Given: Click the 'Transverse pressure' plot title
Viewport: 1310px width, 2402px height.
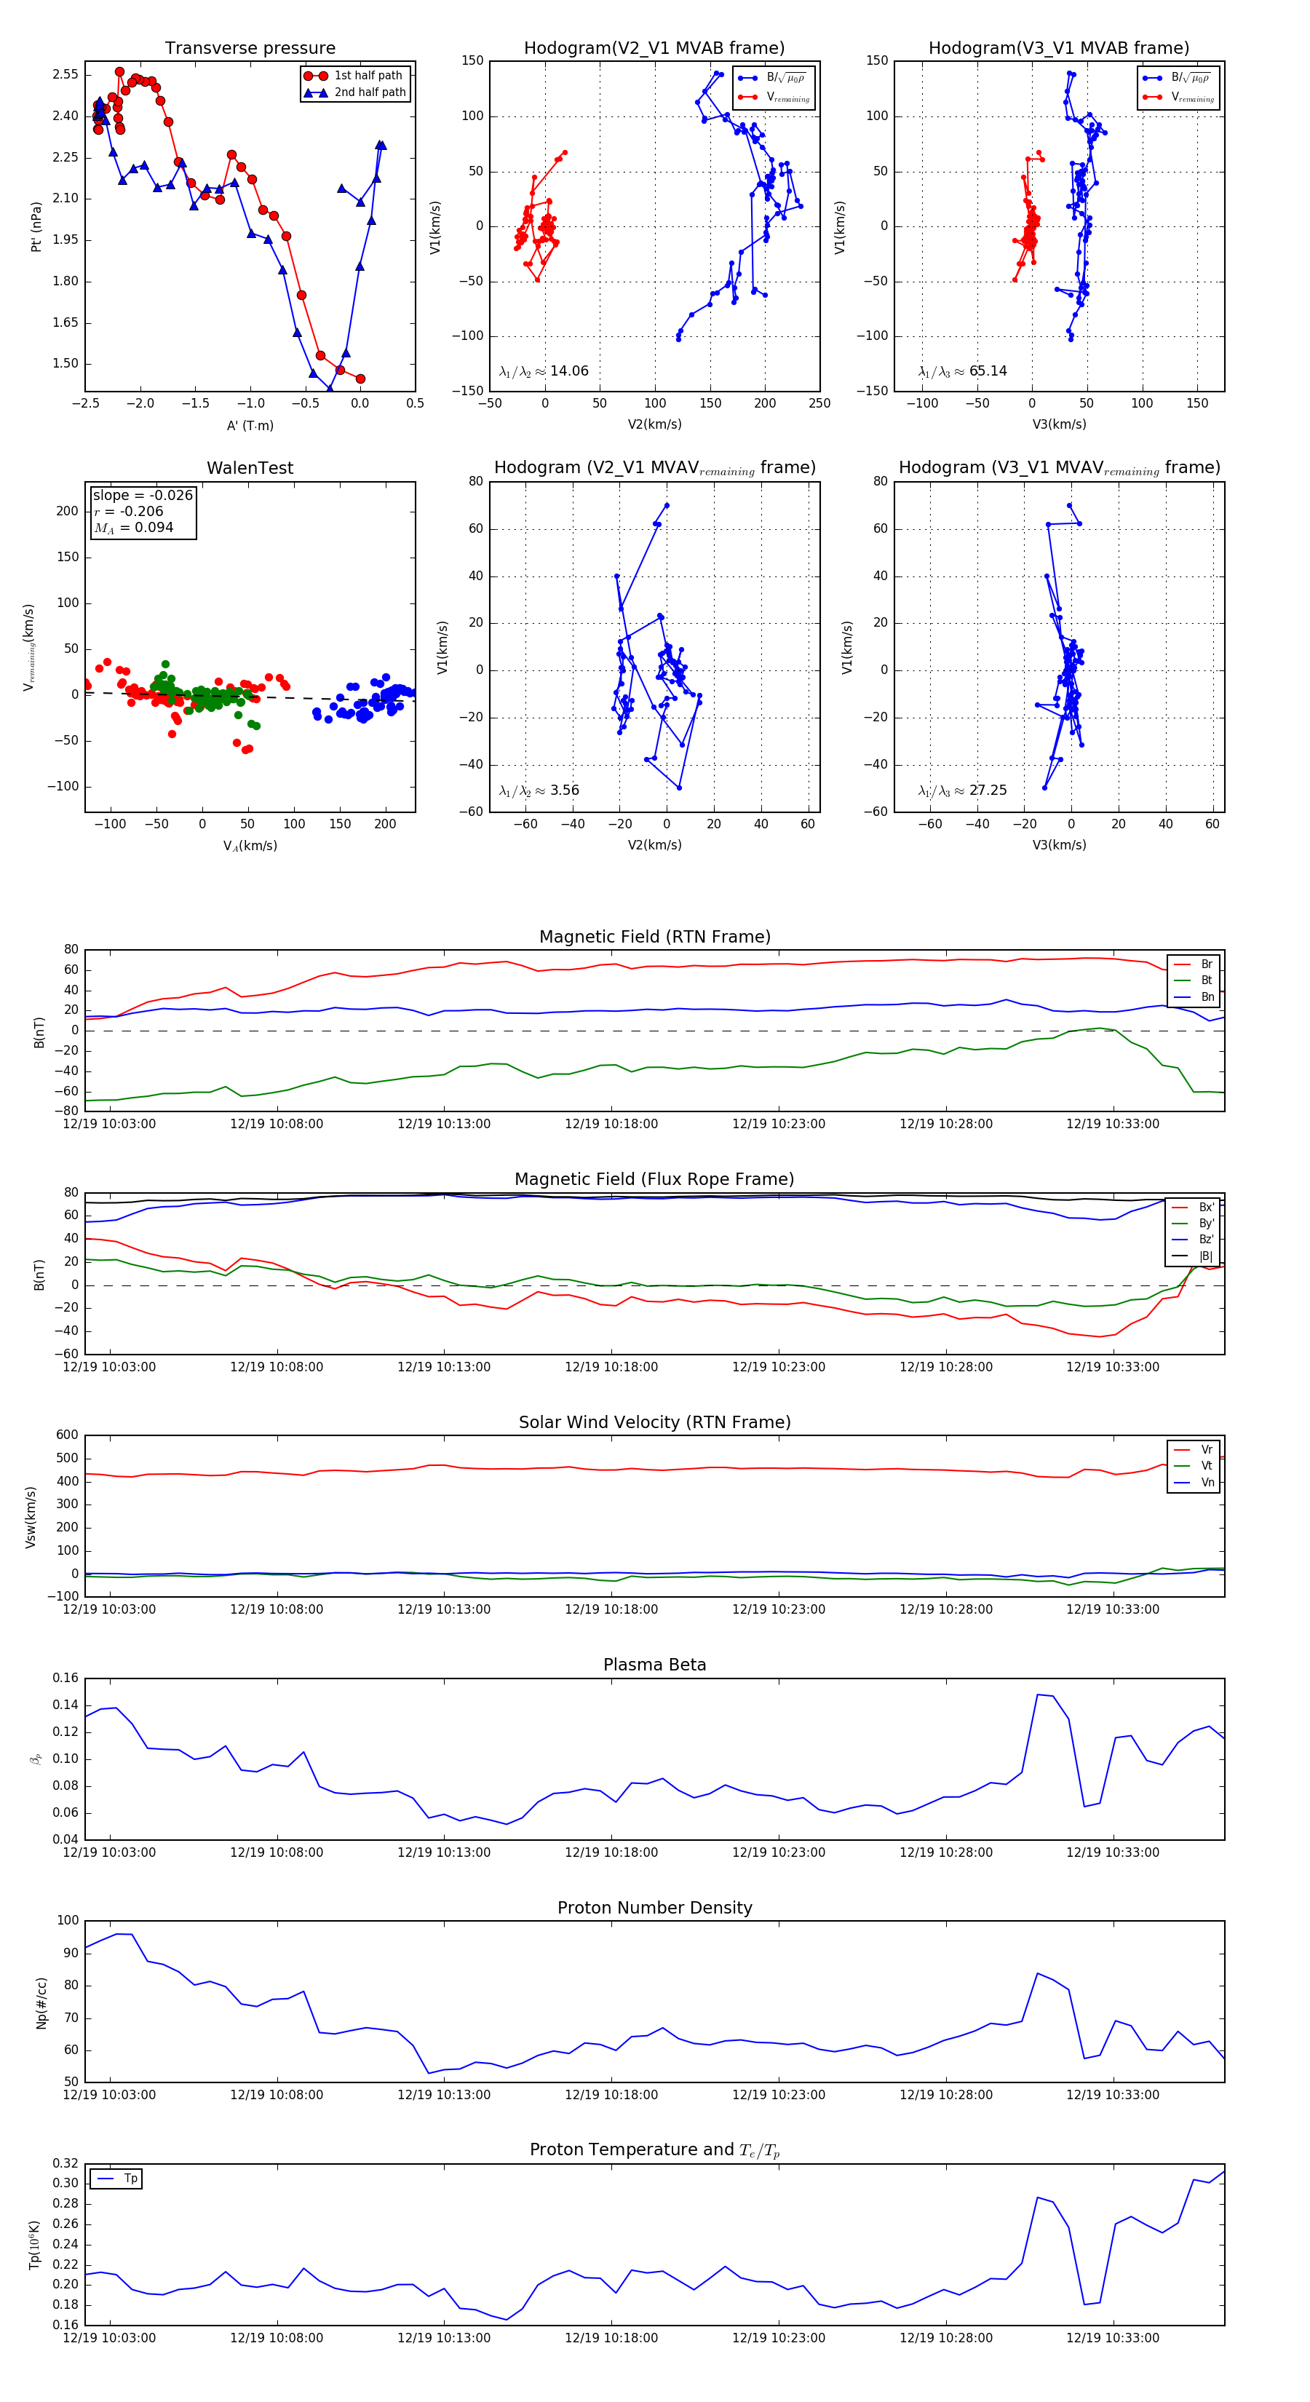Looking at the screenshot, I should pos(250,49).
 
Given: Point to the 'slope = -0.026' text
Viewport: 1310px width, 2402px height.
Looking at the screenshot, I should pos(143,495).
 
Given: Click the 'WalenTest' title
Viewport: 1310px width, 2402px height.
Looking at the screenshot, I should pos(250,468).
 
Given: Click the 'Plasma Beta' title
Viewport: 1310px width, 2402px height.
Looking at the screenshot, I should pos(654,1665).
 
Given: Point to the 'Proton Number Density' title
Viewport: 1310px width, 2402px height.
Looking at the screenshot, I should pos(654,1908).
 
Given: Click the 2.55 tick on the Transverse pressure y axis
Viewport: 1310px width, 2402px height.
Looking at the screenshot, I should pos(65,74).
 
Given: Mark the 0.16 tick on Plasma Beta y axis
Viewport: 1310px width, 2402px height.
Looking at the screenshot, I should pos(65,1678).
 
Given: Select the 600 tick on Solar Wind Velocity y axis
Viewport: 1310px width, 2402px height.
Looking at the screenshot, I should pos(67,1435).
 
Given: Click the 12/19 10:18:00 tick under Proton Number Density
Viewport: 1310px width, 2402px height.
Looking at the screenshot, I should pos(611,2094).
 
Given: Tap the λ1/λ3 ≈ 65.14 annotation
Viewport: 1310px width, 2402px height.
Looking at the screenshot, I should pos(962,371).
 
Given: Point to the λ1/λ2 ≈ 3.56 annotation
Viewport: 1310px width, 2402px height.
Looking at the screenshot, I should pos(539,790).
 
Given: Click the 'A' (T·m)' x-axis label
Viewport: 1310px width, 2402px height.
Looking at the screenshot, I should pos(250,425).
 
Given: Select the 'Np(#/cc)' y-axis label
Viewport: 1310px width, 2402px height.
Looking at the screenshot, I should pos(41,2003).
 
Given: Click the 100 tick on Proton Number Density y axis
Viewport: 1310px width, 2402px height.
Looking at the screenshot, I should pos(67,1921).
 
